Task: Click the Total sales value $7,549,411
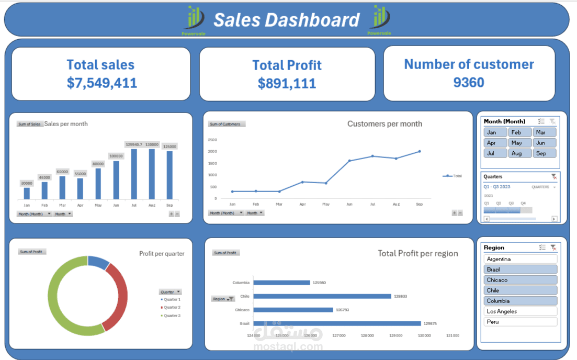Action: pos(101,83)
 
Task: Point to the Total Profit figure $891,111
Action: pos(287,83)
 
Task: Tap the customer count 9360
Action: pos(469,82)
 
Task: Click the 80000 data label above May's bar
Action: pos(98,164)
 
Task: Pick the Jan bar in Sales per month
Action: pos(27,193)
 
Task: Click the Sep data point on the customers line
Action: pos(419,152)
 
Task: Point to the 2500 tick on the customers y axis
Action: pos(212,140)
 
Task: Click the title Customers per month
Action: pos(384,124)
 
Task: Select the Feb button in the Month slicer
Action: pos(519,132)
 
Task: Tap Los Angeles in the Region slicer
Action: pos(521,311)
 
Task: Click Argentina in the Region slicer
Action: pos(521,259)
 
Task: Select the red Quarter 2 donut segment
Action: pos(116,296)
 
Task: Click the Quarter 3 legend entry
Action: pos(171,316)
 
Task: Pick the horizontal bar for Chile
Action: pos(322,296)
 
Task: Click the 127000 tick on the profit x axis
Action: pos(339,335)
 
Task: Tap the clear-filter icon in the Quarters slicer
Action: pos(554,177)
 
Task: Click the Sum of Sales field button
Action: pos(30,124)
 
